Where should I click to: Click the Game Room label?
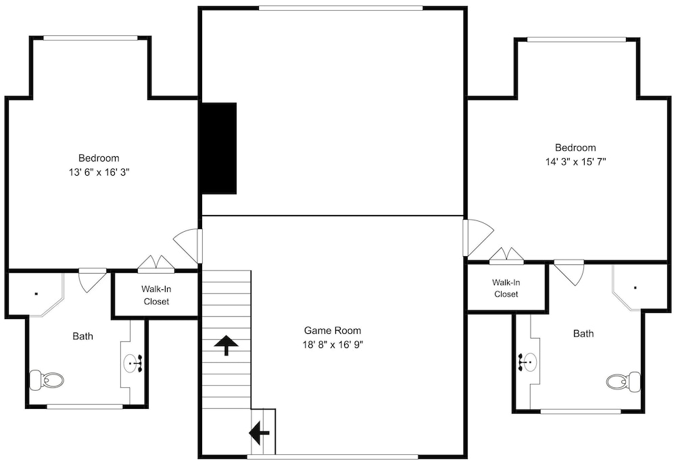(333, 331)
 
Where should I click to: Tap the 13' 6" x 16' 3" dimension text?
(99, 172)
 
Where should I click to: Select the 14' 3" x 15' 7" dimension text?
(575, 162)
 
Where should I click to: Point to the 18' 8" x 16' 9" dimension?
(333, 345)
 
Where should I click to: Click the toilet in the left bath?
(46, 380)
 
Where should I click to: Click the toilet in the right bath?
(623, 381)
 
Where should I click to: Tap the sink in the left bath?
(133, 363)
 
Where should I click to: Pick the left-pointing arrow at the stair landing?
(259, 433)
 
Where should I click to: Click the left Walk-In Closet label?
(157, 295)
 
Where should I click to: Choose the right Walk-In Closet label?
(506, 288)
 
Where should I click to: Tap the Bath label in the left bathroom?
(82, 337)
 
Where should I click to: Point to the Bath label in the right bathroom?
(583, 333)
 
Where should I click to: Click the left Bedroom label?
(99, 158)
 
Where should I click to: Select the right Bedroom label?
(575, 148)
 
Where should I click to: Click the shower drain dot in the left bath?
(37, 294)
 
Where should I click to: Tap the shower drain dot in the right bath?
(635, 288)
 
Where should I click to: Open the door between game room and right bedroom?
(478, 238)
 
